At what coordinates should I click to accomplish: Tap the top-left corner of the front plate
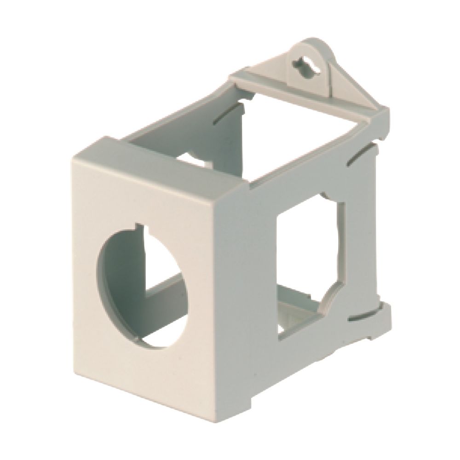point(74,159)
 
